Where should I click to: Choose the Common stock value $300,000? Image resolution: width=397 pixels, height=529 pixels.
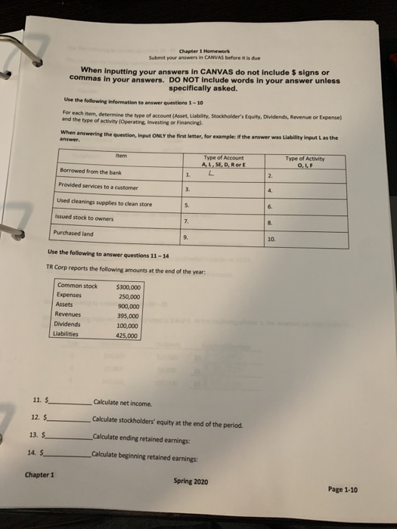(x=129, y=286)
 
